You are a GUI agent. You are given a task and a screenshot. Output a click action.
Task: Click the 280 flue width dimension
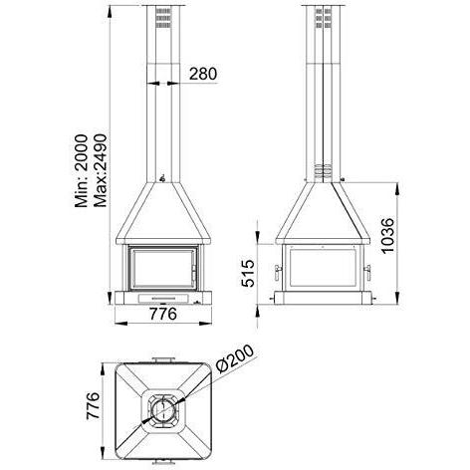point(203,74)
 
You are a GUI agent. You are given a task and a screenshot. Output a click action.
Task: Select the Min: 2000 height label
point(82,171)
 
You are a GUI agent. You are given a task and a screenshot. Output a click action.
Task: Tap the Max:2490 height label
point(101,170)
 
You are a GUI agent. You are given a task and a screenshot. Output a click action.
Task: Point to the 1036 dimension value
point(387,236)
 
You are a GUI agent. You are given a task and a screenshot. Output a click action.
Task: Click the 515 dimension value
point(248,273)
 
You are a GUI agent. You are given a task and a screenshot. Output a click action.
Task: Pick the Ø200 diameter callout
point(235,358)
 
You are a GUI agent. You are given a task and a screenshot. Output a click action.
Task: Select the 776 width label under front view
point(163,314)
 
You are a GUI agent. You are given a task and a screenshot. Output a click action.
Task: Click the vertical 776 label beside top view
point(93,406)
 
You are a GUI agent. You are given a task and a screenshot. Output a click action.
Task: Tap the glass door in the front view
point(162,269)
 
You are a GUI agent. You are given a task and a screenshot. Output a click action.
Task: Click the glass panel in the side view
point(323,267)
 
